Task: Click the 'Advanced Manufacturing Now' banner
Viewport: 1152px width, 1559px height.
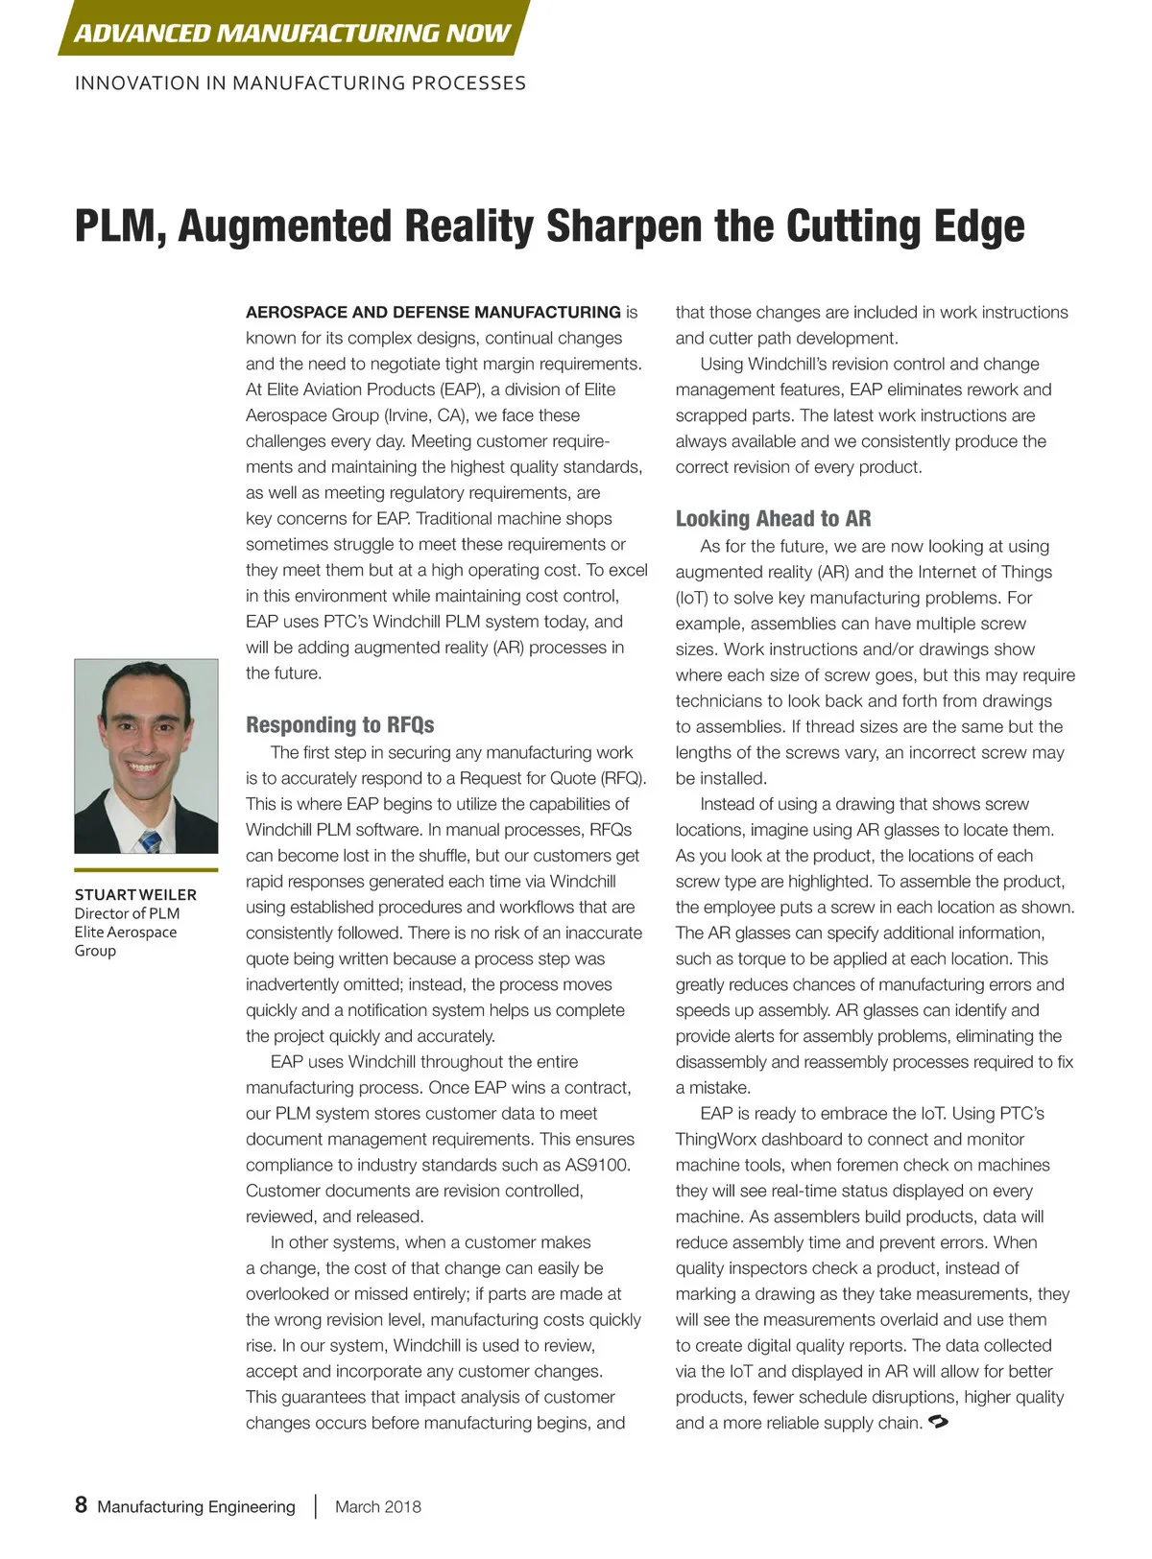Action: coord(292,32)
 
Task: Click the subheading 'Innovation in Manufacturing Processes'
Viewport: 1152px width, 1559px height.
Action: coord(300,83)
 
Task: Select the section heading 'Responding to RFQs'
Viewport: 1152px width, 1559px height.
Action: coord(340,724)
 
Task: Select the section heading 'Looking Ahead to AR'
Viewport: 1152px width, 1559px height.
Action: coord(773,519)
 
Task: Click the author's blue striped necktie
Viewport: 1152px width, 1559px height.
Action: coord(150,841)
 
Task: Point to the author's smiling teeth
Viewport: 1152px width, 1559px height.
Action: coord(145,768)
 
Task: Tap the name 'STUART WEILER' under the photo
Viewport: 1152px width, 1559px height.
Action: coord(135,894)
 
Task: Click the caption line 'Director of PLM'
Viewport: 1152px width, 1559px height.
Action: coord(127,913)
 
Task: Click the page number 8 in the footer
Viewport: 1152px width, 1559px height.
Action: coord(82,1504)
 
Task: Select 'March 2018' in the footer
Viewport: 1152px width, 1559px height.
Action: coord(377,1506)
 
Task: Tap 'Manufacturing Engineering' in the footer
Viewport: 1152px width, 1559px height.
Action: coord(196,1506)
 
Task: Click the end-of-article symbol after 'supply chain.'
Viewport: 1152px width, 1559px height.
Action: coord(939,1422)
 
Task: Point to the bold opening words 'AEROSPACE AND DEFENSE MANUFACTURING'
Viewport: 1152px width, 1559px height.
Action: coord(433,312)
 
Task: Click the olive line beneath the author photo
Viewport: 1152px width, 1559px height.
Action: coord(146,869)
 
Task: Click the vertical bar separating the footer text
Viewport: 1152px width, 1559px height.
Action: coord(315,1506)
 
